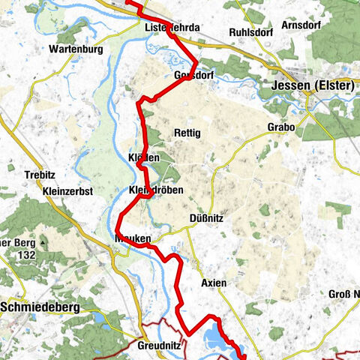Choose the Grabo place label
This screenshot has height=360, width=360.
(281, 127)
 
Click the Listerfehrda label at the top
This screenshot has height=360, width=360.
(172, 28)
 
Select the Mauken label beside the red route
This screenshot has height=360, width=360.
(133, 239)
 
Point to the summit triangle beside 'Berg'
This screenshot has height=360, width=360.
(44, 244)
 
